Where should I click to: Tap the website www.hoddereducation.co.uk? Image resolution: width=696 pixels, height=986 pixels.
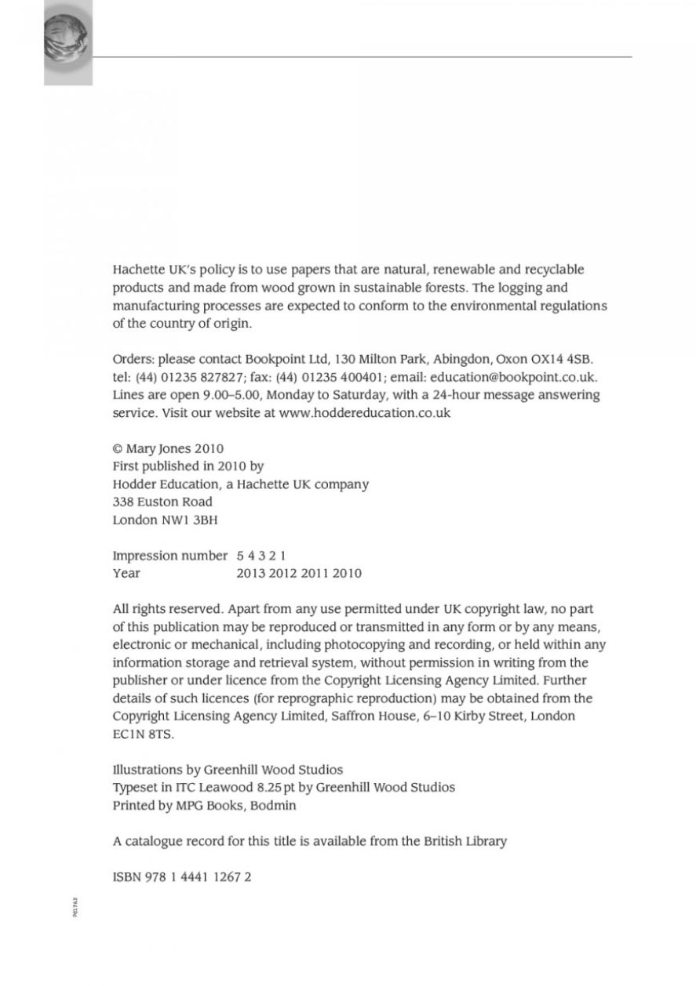coord(364,412)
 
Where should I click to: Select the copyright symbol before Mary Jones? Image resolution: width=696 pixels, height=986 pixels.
coord(118,449)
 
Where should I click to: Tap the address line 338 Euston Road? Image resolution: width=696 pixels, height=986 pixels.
coord(162,502)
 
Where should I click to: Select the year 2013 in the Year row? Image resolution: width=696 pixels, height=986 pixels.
coord(250,574)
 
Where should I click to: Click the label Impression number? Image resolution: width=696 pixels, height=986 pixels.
coord(169,556)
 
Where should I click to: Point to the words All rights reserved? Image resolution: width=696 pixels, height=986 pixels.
coord(169,609)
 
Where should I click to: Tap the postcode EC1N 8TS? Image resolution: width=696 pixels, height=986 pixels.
coord(142,735)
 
